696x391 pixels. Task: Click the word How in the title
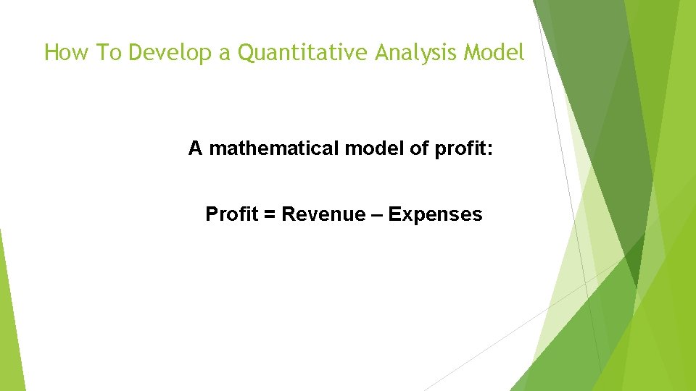tap(63, 53)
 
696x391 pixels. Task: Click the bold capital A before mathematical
tap(195, 148)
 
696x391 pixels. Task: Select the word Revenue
tap(323, 214)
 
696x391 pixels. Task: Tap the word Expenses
tap(435, 215)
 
